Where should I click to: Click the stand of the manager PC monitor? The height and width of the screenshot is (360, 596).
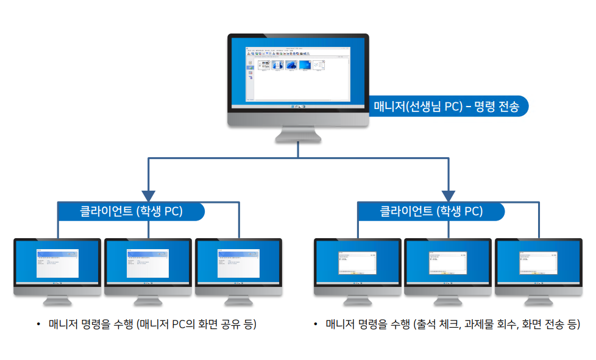click(298, 135)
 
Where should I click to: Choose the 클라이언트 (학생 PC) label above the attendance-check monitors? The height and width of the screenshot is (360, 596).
click(431, 211)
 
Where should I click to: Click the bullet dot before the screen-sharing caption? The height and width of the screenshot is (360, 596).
click(38, 324)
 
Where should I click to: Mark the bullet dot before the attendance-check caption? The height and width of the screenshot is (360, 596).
click(315, 324)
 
